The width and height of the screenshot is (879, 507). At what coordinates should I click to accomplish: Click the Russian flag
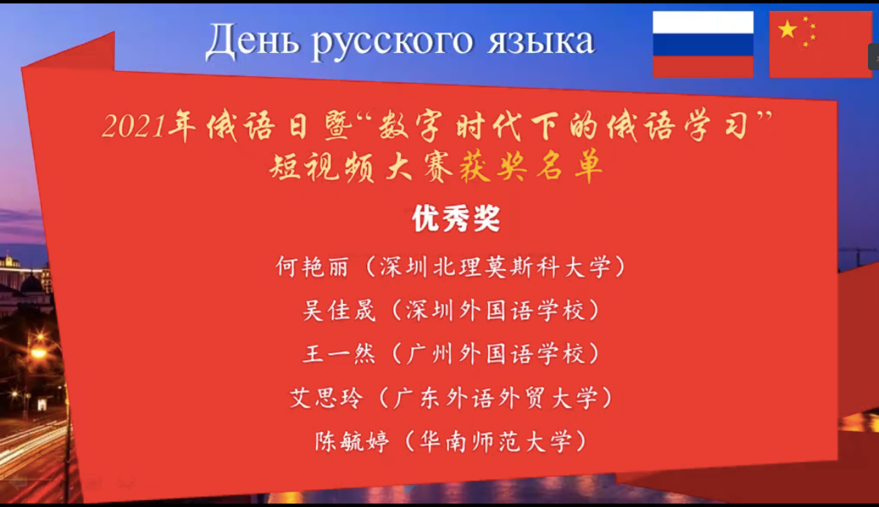(703, 44)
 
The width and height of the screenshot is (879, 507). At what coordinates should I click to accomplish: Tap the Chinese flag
(820, 44)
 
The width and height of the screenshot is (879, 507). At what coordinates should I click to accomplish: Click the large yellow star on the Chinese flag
(788, 29)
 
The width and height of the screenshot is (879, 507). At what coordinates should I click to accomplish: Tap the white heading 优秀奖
(456, 219)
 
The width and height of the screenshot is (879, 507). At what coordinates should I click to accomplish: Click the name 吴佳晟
(339, 310)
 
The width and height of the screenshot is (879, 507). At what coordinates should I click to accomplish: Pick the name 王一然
(339, 354)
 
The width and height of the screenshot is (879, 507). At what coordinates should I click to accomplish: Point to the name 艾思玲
(326, 398)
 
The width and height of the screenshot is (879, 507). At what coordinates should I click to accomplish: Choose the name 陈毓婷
(352, 441)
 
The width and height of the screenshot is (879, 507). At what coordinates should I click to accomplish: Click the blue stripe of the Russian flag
(703, 44)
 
